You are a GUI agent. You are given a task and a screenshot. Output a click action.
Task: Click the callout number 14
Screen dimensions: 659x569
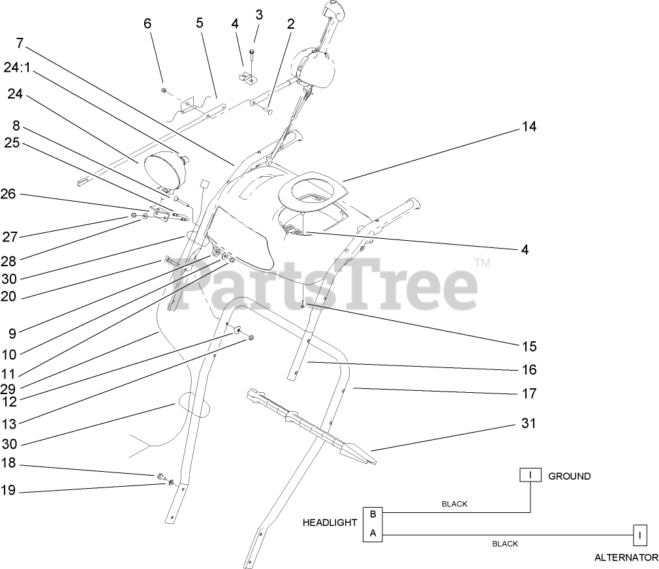(x=529, y=127)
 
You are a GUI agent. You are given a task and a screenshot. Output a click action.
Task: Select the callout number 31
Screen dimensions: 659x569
(x=529, y=423)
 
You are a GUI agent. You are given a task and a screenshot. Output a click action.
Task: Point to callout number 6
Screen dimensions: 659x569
(x=147, y=23)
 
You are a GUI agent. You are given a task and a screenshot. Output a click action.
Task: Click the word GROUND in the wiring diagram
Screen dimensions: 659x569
(x=569, y=476)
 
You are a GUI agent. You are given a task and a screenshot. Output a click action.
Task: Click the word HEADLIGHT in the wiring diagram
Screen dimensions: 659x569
(x=329, y=523)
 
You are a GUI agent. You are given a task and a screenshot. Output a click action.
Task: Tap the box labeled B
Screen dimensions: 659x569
(x=373, y=514)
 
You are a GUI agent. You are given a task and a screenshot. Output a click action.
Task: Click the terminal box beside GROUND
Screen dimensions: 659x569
(x=530, y=476)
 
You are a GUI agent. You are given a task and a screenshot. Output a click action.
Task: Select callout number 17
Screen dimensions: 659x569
(x=529, y=393)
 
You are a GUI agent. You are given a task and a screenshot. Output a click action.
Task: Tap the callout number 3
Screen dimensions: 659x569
(x=259, y=14)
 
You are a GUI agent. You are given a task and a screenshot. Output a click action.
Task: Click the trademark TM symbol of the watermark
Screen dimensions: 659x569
(x=482, y=263)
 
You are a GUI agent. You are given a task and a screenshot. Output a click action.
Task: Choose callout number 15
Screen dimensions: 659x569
(x=529, y=346)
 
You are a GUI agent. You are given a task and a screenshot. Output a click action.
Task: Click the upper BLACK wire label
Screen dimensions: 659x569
(x=454, y=504)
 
